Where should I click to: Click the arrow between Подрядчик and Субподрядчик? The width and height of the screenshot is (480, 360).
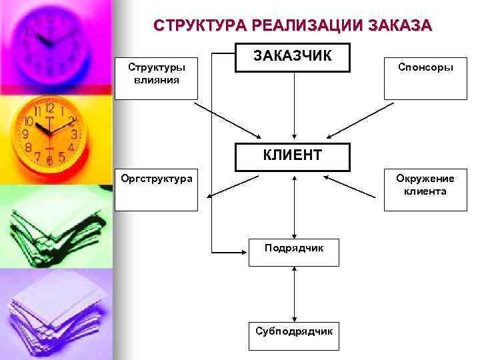click(294, 294)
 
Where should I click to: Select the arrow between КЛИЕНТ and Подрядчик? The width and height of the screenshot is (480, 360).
click(294, 207)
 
